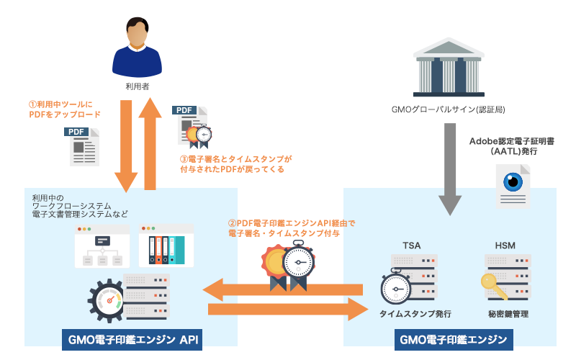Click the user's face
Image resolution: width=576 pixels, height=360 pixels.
(137, 34)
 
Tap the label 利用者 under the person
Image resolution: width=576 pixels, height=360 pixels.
(138, 86)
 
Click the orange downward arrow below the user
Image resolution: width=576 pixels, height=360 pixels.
(126, 146)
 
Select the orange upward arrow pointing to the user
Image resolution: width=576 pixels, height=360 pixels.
(150, 143)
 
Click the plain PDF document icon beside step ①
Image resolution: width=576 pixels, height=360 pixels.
(82, 147)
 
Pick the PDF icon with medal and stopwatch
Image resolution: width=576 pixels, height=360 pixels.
(192, 127)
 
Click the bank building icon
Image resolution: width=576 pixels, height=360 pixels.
(449, 67)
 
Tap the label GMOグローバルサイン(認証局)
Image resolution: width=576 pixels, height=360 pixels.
(448, 109)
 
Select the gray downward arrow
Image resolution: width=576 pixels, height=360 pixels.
(450, 169)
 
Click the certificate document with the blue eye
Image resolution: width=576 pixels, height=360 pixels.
(513, 186)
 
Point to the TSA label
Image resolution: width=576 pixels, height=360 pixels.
(411, 246)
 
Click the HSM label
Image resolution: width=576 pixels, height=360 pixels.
(505, 246)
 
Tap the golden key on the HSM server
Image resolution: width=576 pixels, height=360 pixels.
(493, 286)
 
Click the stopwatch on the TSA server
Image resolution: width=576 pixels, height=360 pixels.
(395, 287)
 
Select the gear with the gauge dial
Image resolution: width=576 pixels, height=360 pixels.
(107, 300)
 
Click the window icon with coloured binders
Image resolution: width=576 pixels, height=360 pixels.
(166, 246)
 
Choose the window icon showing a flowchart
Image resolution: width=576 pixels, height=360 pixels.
(102, 246)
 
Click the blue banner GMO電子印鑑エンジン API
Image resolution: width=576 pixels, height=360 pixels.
(132, 339)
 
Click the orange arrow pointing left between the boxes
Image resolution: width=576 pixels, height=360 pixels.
(282, 289)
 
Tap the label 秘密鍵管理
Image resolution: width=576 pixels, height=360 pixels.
(508, 314)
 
